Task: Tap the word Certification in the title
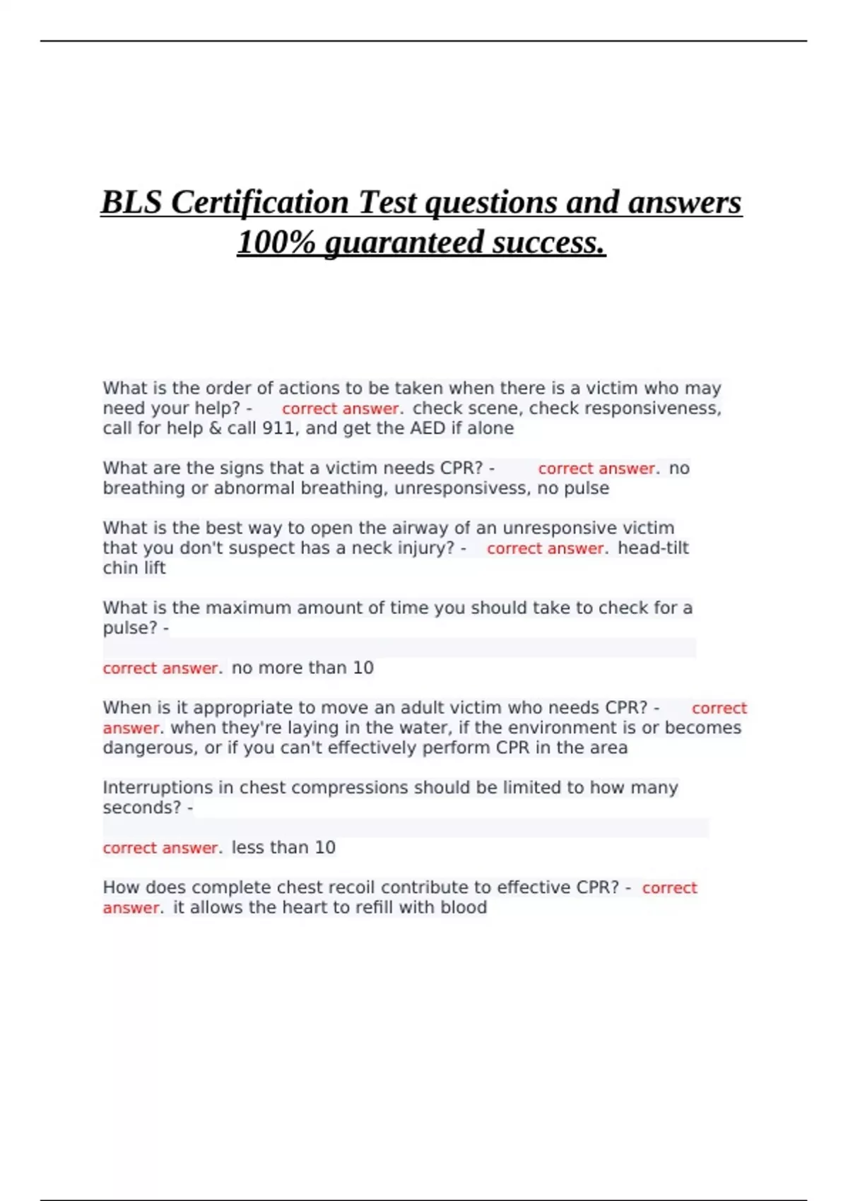[260, 203]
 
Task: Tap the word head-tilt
[653, 548]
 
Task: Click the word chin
[121, 568]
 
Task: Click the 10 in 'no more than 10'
[363, 668]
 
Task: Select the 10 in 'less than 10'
[325, 848]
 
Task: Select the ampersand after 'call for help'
[216, 428]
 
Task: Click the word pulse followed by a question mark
[130, 628]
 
